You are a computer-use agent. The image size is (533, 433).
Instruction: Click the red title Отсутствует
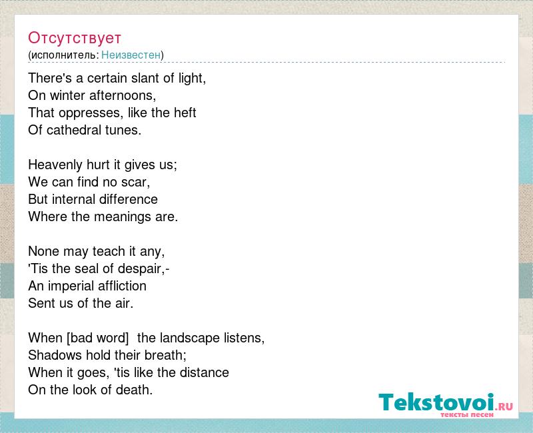(x=75, y=38)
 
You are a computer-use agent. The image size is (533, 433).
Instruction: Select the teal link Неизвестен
(x=131, y=55)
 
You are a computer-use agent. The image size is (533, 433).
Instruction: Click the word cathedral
(x=74, y=130)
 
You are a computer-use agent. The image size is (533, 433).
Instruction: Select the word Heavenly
(x=55, y=165)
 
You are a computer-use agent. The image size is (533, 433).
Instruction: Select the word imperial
(x=71, y=286)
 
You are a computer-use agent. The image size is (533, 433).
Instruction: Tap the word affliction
(x=122, y=286)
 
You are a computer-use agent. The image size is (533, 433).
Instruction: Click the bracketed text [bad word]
(x=98, y=338)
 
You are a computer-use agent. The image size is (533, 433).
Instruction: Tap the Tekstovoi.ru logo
(x=446, y=404)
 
